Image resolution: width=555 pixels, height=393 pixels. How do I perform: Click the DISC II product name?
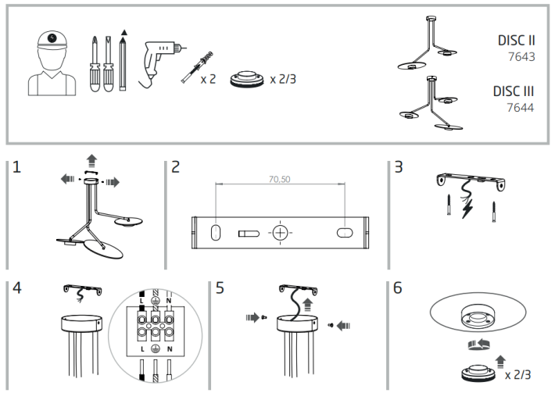516,41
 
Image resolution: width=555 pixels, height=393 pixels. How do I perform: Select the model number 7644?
520,107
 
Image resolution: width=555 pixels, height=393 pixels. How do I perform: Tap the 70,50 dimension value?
279,180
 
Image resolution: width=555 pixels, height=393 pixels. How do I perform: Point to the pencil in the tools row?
123,60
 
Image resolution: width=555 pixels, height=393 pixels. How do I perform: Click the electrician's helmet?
52,40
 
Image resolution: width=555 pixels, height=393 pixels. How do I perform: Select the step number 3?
399,167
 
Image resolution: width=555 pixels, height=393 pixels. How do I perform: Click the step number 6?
398,288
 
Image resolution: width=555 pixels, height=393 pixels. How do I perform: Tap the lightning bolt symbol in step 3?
467,209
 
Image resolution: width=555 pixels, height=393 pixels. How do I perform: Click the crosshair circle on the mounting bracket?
280,233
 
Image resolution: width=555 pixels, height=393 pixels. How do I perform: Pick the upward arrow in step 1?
92,161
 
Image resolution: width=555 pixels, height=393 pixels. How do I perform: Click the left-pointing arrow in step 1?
67,179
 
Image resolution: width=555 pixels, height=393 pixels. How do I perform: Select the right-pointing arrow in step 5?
252,317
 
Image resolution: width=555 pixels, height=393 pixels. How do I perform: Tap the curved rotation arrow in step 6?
478,345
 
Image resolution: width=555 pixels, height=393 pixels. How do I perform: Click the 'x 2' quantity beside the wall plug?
208,79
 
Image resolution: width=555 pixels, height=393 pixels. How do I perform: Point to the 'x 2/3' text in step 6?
518,374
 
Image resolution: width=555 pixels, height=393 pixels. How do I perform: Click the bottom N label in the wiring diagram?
170,348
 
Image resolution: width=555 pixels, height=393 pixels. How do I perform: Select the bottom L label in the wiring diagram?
142,348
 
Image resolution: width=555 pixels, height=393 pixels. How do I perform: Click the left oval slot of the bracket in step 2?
215,233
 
